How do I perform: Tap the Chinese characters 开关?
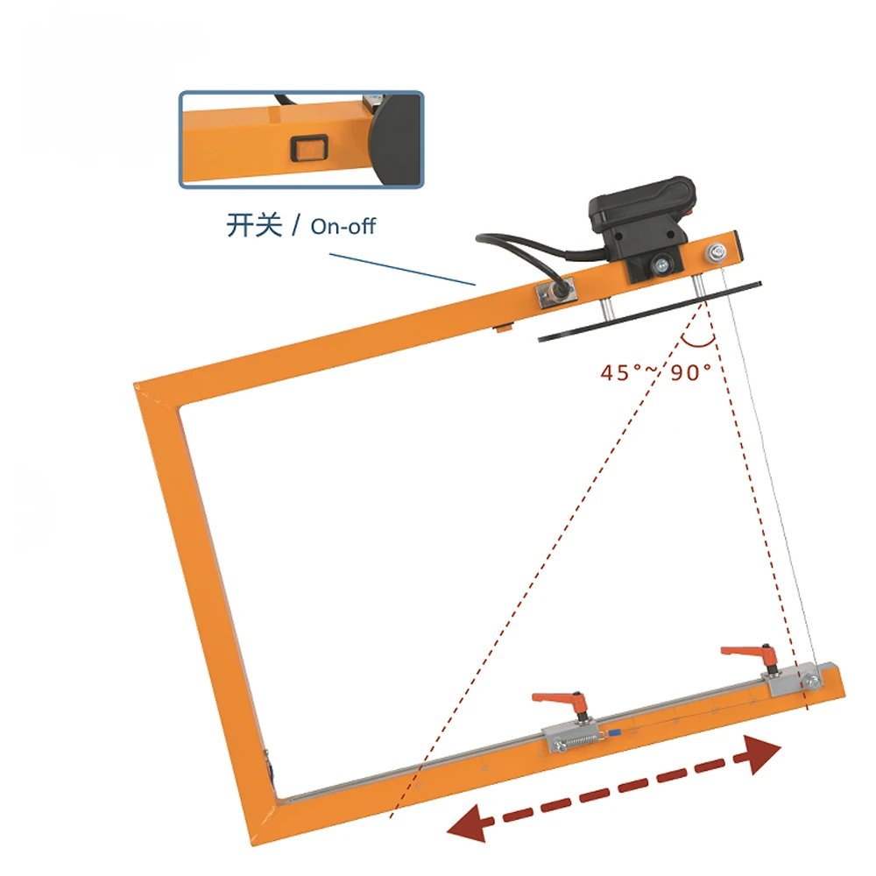(254, 225)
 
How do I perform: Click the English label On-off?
(343, 226)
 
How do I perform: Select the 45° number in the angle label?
(618, 372)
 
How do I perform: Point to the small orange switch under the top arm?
(502, 328)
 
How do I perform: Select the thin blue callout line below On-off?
(403, 270)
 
